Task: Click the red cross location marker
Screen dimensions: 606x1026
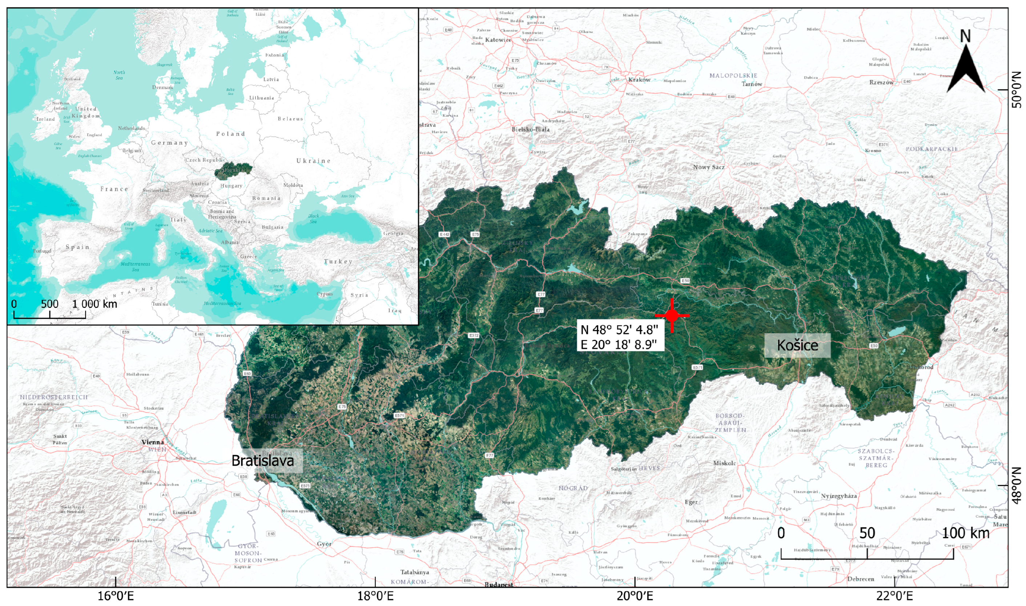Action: coord(672,315)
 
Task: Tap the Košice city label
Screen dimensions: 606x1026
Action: coord(797,345)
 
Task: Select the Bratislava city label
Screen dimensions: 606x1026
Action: coord(262,461)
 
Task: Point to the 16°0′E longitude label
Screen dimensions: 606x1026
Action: coord(116,596)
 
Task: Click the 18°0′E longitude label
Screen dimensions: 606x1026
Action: coord(375,596)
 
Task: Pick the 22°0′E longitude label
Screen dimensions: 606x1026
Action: coord(894,596)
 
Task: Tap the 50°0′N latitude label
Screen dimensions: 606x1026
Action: coord(1016,89)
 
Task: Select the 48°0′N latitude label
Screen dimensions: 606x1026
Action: coord(1016,485)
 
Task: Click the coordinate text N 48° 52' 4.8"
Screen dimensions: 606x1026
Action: coord(619,330)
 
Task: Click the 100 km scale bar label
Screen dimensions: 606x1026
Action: coord(965,533)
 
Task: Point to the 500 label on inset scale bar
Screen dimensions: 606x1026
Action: coord(49,304)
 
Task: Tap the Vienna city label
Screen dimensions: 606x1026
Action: coord(152,442)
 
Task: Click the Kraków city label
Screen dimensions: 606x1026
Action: coord(639,80)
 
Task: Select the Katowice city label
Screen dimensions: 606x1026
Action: coord(498,40)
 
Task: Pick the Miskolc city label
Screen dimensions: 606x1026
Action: coord(724,463)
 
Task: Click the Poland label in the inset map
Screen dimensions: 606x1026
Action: coord(230,134)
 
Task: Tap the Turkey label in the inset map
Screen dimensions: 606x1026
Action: coord(338,261)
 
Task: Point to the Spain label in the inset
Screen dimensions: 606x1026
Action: coord(77,247)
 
